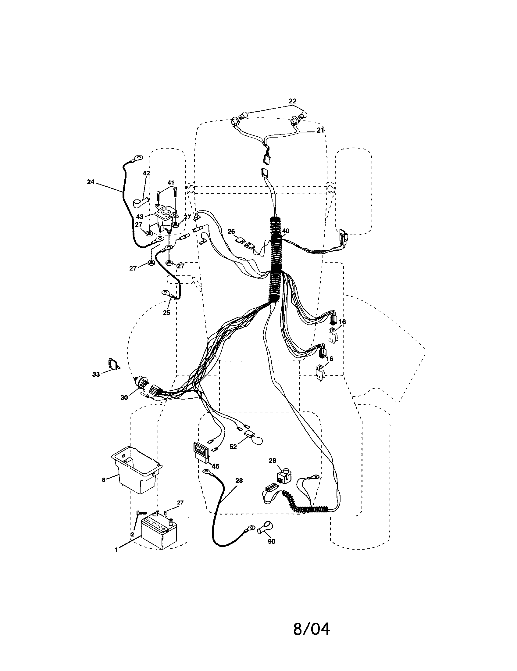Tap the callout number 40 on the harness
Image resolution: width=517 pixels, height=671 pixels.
click(286, 231)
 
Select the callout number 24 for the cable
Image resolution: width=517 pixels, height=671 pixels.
click(90, 182)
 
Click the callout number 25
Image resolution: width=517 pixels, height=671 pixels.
click(166, 313)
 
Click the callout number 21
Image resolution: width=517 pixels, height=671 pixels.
click(320, 130)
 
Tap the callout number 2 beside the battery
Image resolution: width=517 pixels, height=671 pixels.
click(132, 535)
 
